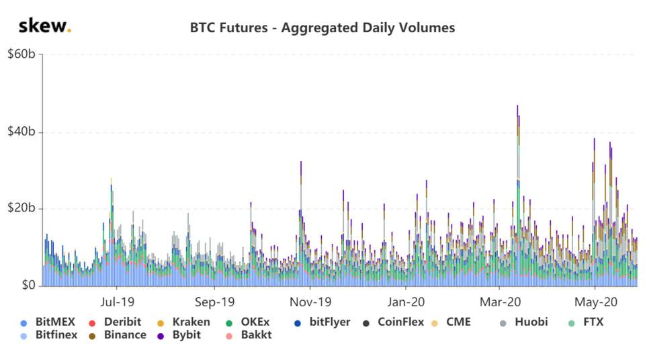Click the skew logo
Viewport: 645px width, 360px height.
44,27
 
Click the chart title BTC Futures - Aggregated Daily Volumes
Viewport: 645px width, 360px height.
322,28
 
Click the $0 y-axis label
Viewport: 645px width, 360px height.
27,286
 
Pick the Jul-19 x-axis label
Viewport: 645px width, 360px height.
119,302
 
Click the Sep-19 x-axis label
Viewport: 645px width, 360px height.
215,302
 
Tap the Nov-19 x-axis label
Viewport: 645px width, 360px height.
311,302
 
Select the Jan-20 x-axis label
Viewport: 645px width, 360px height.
406,302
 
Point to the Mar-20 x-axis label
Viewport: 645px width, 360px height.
501,302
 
